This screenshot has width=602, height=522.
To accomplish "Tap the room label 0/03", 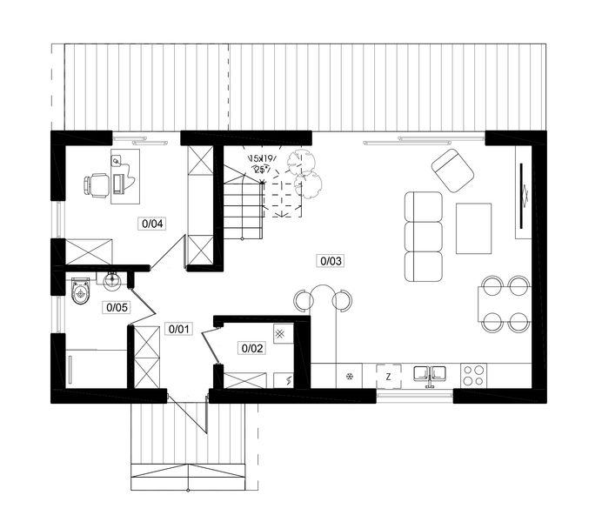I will (331, 259).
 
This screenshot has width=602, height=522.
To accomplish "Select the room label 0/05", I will (117, 306).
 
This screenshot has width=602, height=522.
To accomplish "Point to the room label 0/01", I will (178, 329).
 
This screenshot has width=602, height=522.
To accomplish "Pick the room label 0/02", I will (251, 348).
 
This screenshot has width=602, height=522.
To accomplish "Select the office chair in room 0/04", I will (97, 184).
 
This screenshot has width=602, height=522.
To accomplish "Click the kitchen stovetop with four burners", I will (473, 376).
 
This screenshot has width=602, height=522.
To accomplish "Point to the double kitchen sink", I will (430, 375).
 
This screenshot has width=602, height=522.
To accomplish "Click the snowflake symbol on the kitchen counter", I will (349, 377).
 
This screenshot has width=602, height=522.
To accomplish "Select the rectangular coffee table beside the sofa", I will (473, 227).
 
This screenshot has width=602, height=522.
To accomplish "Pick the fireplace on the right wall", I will (525, 195).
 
